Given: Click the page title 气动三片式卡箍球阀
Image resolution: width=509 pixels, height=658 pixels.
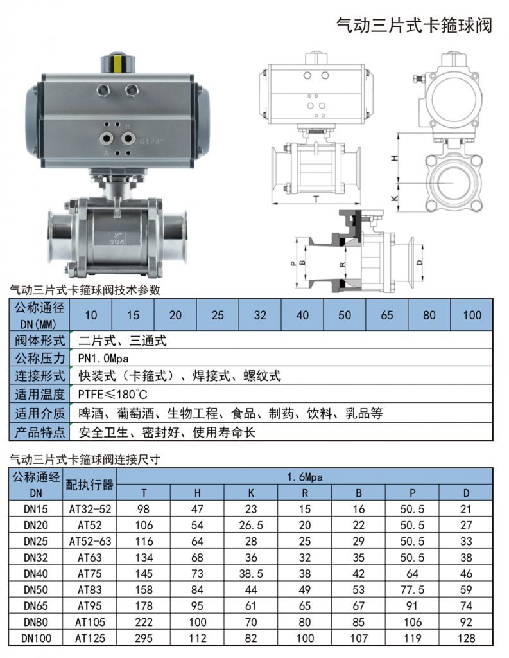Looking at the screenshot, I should point(415,26).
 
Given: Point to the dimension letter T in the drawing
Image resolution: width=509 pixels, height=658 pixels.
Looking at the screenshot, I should point(316,199).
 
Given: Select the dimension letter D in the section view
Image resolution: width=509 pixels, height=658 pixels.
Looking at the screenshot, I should point(419,263).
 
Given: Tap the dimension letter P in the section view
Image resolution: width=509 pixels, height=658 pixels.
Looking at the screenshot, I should point(293,263).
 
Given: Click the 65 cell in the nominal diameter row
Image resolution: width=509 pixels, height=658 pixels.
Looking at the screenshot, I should point(387,315).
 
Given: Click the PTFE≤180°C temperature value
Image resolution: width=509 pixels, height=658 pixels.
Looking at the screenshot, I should point(113,394).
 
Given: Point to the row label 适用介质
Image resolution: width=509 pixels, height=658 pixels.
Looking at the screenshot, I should point(40,413).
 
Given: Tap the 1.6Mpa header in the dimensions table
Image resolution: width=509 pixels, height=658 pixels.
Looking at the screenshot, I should point(305,477).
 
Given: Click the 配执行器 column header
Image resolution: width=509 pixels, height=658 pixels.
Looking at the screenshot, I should point(90,485).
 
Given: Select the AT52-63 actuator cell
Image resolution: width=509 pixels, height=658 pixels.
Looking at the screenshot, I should point(90,541).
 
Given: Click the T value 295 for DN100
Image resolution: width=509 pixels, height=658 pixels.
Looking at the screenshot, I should point(144,638).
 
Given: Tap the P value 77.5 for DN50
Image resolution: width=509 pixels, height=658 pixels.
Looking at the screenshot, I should point(413,589).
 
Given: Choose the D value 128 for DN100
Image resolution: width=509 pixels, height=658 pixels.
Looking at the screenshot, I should point(467,638).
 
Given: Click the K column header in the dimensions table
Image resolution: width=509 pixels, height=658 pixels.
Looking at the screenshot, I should point(251,493).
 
